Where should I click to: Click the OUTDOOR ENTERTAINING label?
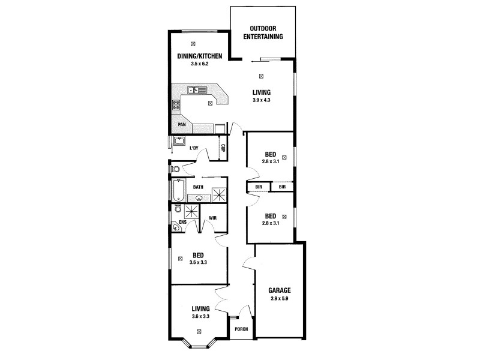pos(263,32)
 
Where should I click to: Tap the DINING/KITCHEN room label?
pos(200,56)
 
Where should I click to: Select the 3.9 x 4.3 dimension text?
pos(262,100)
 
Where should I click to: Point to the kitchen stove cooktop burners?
pos(177,106)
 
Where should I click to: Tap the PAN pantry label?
pos(181,125)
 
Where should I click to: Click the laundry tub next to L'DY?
pos(178,142)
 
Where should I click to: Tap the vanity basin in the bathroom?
pos(199,196)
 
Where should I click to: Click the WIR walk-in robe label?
pos(212,218)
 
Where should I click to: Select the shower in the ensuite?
pos(193,212)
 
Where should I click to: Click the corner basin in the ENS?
pos(175,227)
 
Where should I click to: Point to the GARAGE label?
pos(280,290)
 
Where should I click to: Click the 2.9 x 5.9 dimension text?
pos(280,298)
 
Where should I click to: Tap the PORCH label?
pos(241,329)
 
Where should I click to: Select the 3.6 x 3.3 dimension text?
pos(200,316)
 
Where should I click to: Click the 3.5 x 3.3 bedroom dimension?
pos(198,262)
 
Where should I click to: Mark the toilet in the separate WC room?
pos(176,170)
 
